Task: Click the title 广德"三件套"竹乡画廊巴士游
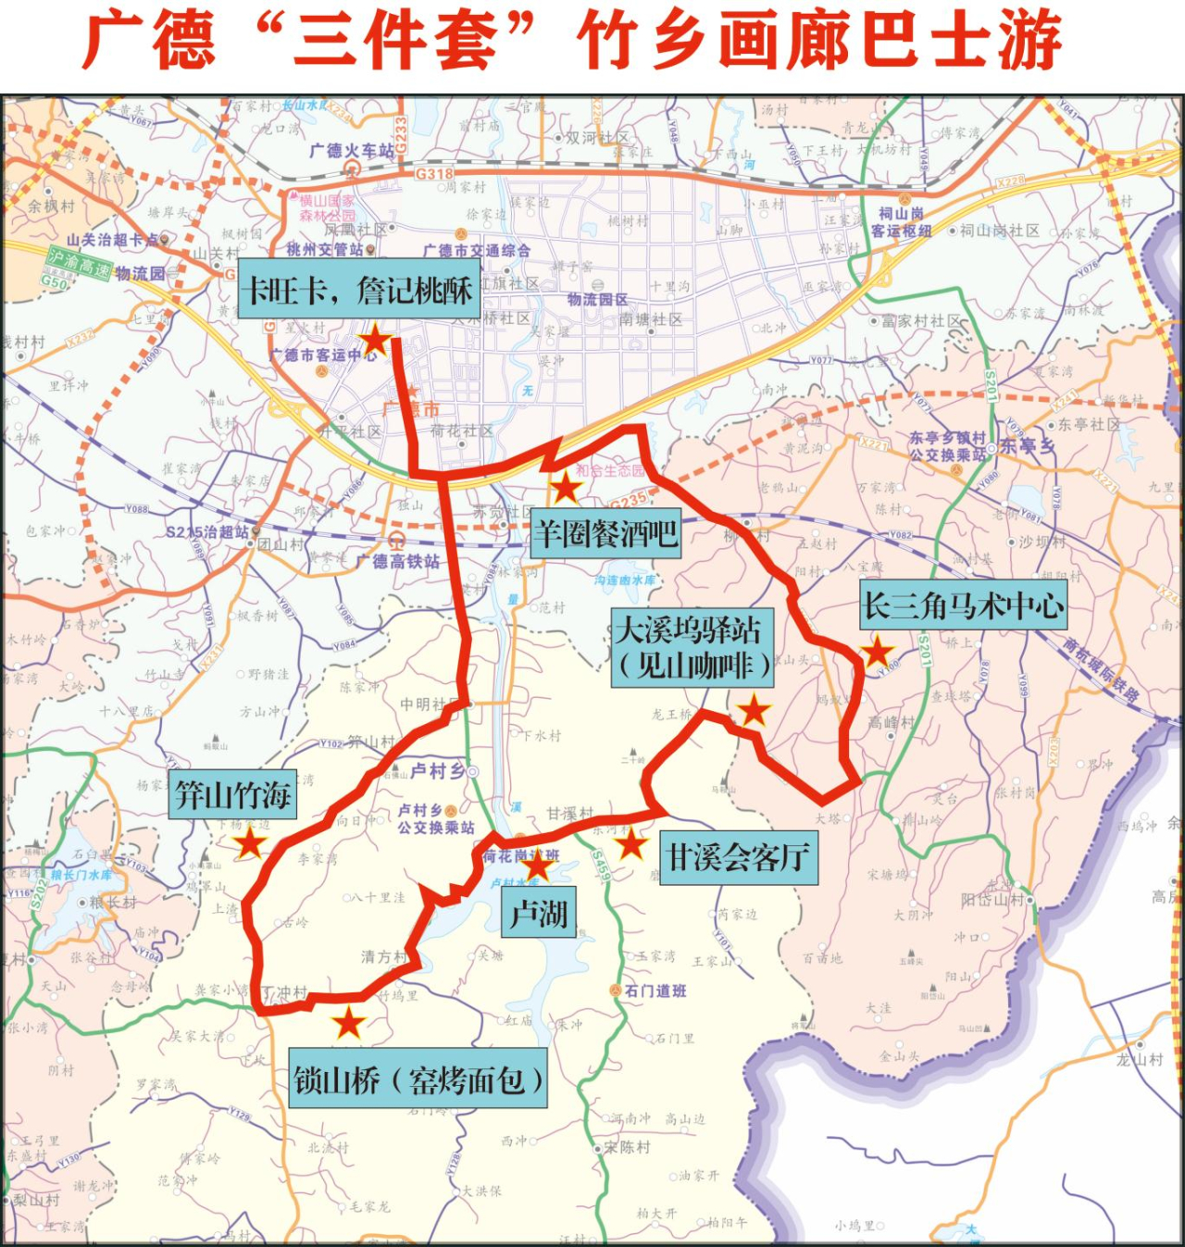(x=572, y=42)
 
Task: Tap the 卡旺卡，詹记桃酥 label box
(x=359, y=290)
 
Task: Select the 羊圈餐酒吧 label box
(x=606, y=533)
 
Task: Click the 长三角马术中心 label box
(x=963, y=605)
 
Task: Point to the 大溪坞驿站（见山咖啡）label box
(x=692, y=648)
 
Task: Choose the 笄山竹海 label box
(x=233, y=794)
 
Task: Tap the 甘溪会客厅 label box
(x=738, y=857)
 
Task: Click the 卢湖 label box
(x=538, y=913)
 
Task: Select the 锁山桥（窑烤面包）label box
(x=418, y=1079)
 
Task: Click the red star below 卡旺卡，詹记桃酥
(x=375, y=341)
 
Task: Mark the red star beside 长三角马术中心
(x=877, y=652)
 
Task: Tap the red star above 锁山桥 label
(x=349, y=1023)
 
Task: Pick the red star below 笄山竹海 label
(x=250, y=843)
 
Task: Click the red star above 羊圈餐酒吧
(x=564, y=487)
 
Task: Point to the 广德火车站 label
(x=352, y=150)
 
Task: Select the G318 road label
(x=434, y=173)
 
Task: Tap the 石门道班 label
(x=655, y=991)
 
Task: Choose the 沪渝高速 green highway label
(x=79, y=265)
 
